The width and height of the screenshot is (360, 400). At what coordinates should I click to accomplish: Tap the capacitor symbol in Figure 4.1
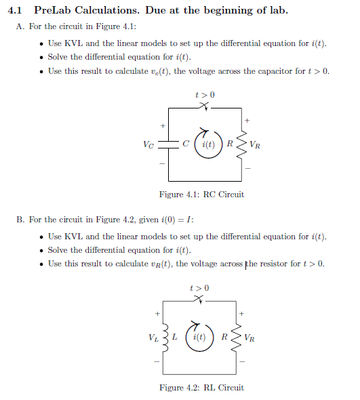[x=169, y=144]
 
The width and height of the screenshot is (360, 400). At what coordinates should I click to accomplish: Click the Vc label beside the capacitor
[x=149, y=144]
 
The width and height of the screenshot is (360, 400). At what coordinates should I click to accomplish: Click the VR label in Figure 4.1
[x=254, y=144]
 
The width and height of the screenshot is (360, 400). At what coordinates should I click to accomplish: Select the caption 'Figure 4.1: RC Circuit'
[x=201, y=195]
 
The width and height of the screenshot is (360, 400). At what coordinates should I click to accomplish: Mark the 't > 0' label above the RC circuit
[x=204, y=94]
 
